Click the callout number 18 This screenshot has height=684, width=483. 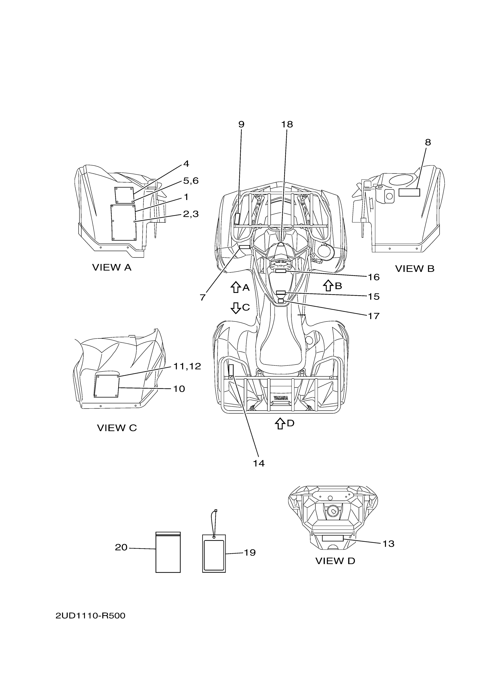(287, 124)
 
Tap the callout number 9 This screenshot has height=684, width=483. (241, 124)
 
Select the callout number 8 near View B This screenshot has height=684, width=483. (428, 142)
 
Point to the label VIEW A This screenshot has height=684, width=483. (112, 268)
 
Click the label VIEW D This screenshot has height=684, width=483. (335, 561)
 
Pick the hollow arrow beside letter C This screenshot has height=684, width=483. (236, 308)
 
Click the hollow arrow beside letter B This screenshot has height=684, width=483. (328, 285)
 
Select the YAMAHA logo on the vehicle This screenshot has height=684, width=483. (281, 398)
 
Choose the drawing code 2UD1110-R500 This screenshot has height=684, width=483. (90, 616)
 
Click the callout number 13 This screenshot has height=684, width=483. (388, 544)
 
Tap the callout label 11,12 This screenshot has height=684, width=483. (187, 366)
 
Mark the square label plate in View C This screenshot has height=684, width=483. (107, 386)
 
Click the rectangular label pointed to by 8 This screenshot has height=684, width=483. (409, 193)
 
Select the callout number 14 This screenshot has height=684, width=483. (259, 463)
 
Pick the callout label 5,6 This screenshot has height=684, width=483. (191, 181)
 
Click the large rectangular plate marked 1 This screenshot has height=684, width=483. (124, 222)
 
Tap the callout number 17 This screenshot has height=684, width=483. (374, 316)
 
